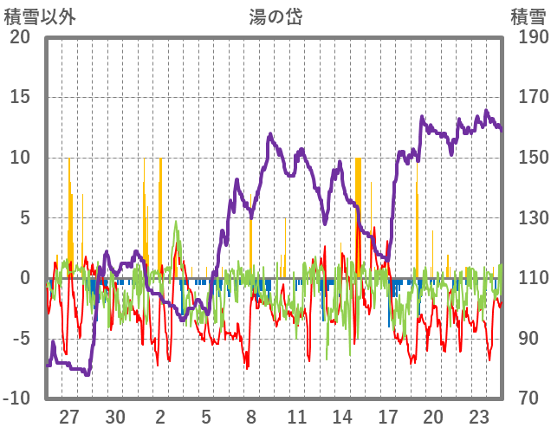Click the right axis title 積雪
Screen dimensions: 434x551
[528, 16]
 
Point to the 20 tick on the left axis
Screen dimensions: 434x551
[20, 37]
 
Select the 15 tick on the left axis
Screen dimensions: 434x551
[20, 97]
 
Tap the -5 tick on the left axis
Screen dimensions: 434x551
[20, 338]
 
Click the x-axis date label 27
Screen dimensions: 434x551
[69, 417]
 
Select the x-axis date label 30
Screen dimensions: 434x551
[115, 417]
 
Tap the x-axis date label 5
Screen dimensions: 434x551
[206, 417]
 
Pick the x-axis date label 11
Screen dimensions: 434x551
[297, 417]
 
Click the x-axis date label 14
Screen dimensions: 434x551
[343, 417]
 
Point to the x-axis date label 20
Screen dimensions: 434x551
[433, 417]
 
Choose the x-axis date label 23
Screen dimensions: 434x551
[479, 417]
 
